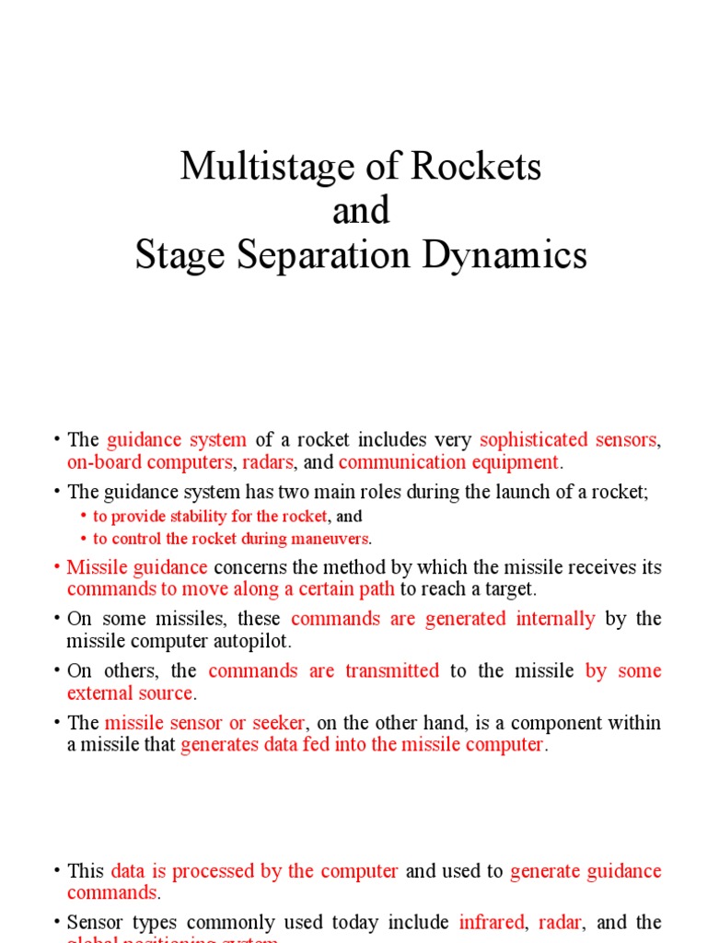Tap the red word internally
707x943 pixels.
tap(556, 619)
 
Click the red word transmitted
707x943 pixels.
tap(392, 671)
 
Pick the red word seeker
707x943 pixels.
tap(275, 723)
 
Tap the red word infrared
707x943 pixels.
tap(491, 923)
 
